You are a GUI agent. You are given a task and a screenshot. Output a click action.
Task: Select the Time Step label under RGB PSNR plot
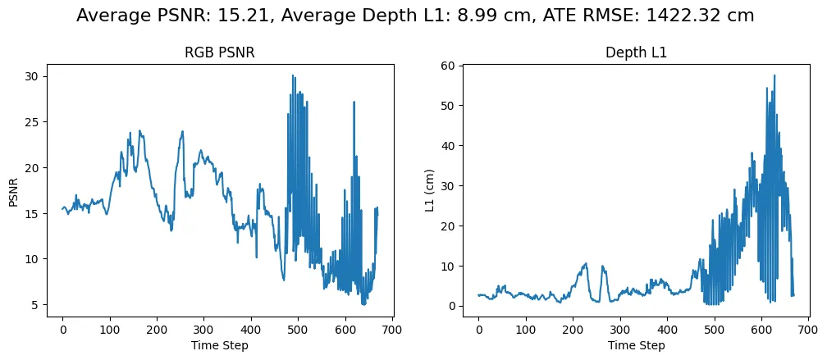point(219,345)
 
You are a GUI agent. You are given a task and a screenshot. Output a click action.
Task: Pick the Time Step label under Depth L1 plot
point(635,345)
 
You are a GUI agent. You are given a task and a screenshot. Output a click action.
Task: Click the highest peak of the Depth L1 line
point(774,75)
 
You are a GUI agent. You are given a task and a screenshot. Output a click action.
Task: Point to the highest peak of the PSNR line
point(292,75)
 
